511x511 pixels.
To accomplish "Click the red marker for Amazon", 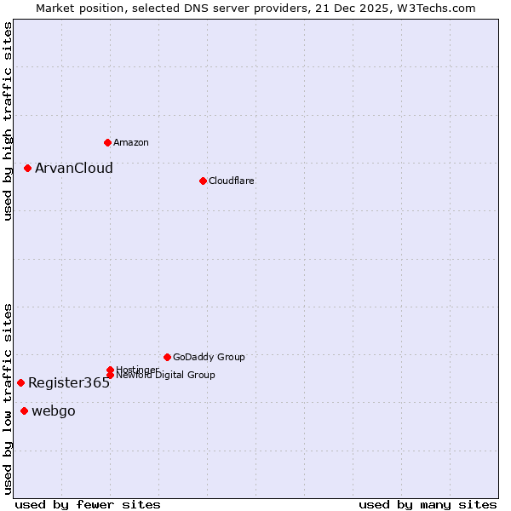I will click(x=107, y=142).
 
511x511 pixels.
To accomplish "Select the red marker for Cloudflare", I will click(x=203, y=181).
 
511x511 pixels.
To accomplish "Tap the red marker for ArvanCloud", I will click(x=27, y=168).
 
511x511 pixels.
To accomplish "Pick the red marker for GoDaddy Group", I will click(x=167, y=357).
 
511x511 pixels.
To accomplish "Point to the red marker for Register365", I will click(x=20, y=382).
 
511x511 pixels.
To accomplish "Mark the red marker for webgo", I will click(x=24, y=411).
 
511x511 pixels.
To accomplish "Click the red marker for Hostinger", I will click(x=110, y=370).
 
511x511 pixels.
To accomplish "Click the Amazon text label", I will click(x=131, y=142).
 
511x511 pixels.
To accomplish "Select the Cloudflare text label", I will click(x=232, y=181).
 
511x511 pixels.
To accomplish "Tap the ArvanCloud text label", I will click(x=74, y=168).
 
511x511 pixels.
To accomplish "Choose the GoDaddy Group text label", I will click(x=209, y=357).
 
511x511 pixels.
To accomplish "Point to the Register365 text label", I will click(x=69, y=382).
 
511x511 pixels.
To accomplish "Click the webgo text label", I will click(x=54, y=411).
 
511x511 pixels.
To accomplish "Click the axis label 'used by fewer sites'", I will click(x=88, y=504).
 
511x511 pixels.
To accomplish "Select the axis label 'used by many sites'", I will click(x=428, y=504).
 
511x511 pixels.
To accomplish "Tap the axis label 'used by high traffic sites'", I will click(x=8, y=121).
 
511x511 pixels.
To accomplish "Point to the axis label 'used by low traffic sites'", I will click(x=8, y=399).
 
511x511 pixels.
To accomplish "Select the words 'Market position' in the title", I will click(x=74, y=8).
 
